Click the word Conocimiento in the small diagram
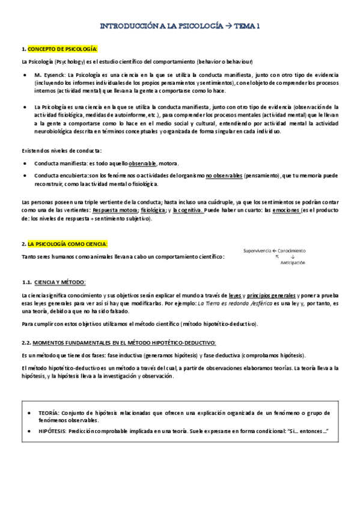pyautogui.click(x=291, y=250)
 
